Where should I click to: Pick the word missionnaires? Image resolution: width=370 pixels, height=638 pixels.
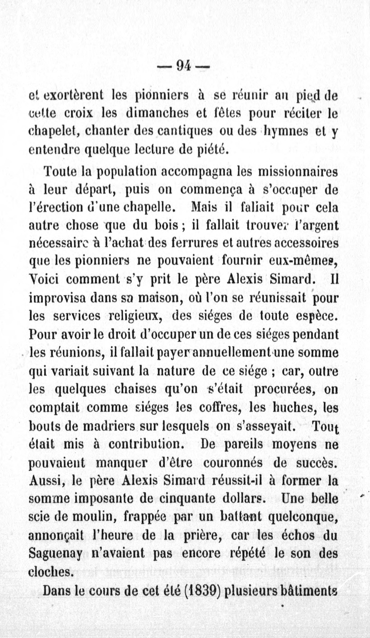297,172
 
